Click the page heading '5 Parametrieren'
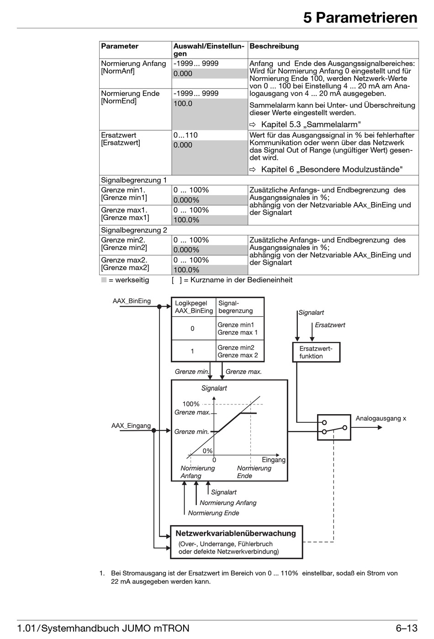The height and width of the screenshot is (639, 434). (360, 18)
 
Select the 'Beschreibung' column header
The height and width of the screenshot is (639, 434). (274, 46)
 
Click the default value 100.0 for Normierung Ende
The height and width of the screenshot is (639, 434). (183, 104)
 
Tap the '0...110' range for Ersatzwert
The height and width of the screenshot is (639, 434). (185, 135)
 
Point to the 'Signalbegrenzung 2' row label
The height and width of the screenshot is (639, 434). (134, 230)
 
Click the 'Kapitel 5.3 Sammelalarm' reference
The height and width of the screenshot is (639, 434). (311, 125)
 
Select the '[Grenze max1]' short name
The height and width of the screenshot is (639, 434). (125, 218)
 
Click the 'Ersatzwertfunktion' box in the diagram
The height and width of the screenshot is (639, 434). (316, 352)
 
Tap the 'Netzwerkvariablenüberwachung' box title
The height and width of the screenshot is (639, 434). (236, 533)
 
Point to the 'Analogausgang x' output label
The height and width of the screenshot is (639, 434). (381, 419)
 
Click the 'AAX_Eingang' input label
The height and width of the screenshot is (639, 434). (131, 426)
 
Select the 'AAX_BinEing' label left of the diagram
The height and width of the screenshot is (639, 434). (132, 301)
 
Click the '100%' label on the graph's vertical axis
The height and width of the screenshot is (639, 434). (191, 404)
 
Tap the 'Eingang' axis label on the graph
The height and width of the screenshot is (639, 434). (274, 459)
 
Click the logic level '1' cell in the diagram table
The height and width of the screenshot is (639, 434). (192, 351)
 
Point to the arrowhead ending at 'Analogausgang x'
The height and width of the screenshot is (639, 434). (380, 427)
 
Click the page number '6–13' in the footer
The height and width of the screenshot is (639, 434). (407, 628)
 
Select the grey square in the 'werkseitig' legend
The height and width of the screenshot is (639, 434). (104, 280)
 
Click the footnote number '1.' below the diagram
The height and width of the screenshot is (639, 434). (102, 573)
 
